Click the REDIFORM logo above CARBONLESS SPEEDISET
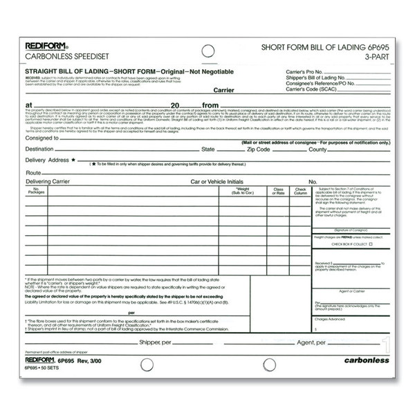pyautogui.click(x=46, y=46)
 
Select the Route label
pyautogui.click(x=34, y=172)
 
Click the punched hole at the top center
pyautogui.click(x=207, y=50)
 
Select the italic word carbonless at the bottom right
pyautogui.click(x=367, y=360)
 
